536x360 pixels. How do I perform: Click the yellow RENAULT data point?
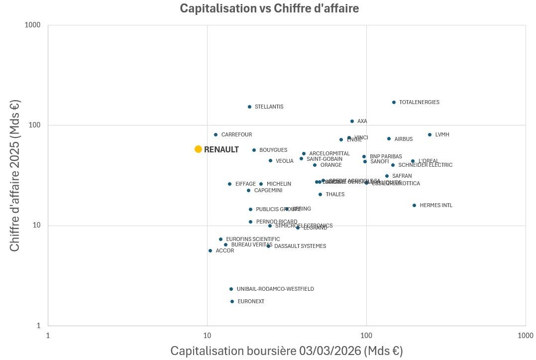point(198,149)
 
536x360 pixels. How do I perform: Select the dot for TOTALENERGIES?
point(394,103)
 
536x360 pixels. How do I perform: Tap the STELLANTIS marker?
point(249,107)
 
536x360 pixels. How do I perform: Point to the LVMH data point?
point(429,135)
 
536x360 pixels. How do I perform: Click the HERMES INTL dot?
point(414,206)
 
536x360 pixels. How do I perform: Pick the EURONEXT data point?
point(232,302)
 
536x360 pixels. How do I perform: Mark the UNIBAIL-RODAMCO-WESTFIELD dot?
point(231,289)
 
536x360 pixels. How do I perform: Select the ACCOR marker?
point(210,251)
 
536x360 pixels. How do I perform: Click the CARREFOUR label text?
point(236,135)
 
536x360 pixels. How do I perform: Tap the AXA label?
point(362,121)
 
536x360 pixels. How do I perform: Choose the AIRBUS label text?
point(403,139)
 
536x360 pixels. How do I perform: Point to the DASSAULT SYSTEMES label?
point(300,246)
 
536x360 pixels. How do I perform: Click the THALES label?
point(335,195)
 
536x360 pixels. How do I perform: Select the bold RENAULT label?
point(221,150)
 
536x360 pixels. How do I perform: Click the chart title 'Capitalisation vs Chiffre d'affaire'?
point(269,8)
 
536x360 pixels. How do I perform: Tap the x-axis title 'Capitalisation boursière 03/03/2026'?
point(287,351)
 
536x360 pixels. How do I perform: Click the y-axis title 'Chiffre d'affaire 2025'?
point(15,175)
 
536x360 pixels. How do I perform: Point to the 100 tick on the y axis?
point(35,125)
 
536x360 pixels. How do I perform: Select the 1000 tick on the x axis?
point(525,336)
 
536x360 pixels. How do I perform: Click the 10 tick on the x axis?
point(207,336)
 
